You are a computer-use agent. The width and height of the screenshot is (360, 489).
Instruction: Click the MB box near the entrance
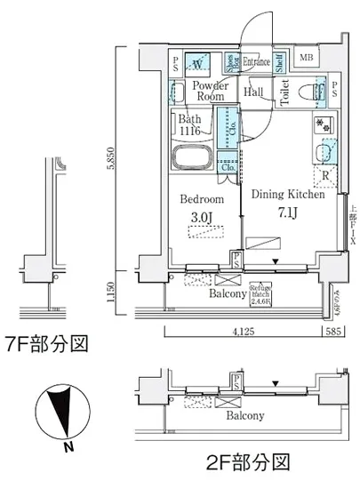click(306, 60)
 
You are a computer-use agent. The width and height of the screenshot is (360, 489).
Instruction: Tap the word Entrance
click(257, 61)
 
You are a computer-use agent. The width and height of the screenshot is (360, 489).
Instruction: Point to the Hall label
click(253, 91)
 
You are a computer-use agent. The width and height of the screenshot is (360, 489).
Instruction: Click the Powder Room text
click(211, 91)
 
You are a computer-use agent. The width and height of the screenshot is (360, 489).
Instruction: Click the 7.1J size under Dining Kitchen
click(286, 212)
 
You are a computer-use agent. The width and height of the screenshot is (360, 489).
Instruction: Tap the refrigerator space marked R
click(326, 174)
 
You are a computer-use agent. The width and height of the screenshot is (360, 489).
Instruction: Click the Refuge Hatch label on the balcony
click(260, 293)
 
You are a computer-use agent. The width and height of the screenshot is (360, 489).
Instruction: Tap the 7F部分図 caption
click(46, 344)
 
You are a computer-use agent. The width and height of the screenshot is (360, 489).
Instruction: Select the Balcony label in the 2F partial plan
click(244, 415)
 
